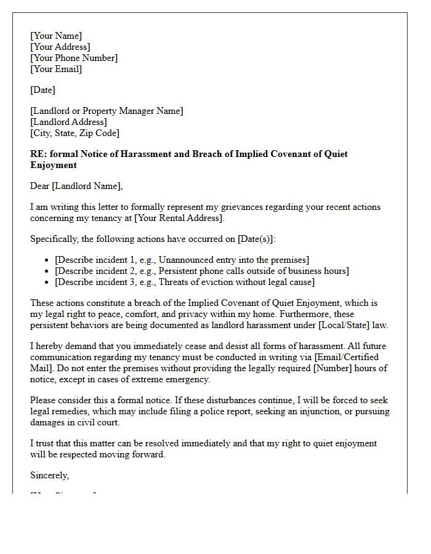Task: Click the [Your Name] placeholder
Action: pyautogui.click(x=56, y=36)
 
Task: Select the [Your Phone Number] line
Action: pyautogui.click(x=74, y=58)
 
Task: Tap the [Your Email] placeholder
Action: pyautogui.click(x=56, y=69)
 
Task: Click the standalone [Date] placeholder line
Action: pyautogui.click(x=42, y=90)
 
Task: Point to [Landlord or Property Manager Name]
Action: pyautogui.click(x=107, y=111)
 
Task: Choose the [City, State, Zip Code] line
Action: pyautogui.click(x=75, y=133)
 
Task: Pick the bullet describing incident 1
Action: pyautogui.click(x=182, y=260)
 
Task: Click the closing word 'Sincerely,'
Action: pyautogui.click(x=50, y=475)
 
